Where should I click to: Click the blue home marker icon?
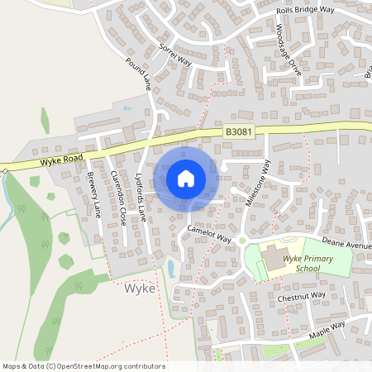pos(186,178)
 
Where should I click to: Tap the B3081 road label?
pos(237,131)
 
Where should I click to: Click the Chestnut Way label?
pos(302,296)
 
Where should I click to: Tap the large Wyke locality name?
pos(139,290)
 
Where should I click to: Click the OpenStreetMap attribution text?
pos(83,366)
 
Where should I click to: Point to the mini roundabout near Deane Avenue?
pos(242,241)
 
